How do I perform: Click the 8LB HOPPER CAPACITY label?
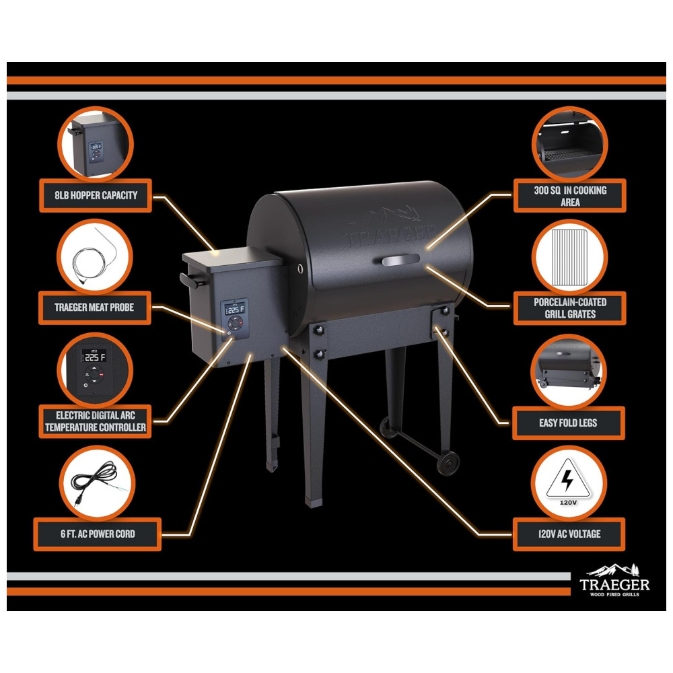pos(96,195)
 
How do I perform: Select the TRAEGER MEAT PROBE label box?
pos(94,308)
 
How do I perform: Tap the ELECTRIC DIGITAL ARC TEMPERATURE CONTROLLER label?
pos(96,421)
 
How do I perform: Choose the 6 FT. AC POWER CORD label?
pos(98,534)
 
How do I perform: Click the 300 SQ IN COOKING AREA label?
pos(569,196)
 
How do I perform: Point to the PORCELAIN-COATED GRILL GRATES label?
pos(569,308)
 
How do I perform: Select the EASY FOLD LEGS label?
pos(568,423)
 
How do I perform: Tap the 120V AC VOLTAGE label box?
pos(569,534)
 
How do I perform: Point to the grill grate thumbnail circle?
pos(569,256)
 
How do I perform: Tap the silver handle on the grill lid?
pos(400,260)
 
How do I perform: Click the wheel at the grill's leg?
pos(448,463)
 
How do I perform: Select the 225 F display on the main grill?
pos(235,309)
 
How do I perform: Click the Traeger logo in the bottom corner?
pos(614,580)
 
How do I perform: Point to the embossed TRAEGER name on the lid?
pos(390,234)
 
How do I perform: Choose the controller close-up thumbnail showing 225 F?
pos(95,369)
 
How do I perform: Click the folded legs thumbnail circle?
pos(568,371)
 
